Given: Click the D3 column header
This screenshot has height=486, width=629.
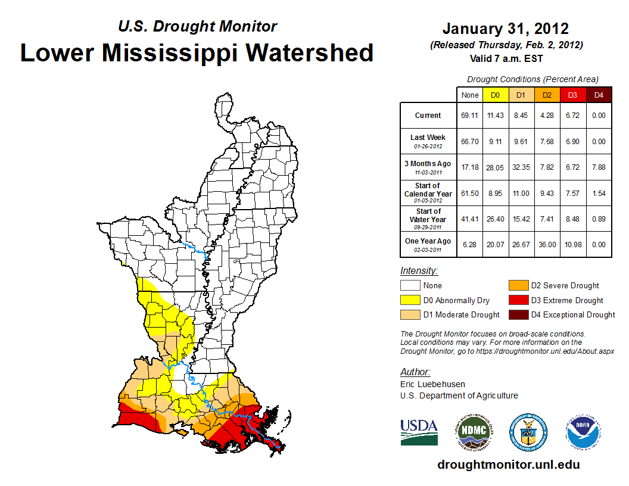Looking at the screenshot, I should point(572,95).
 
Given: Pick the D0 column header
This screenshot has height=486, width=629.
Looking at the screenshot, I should point(495,95).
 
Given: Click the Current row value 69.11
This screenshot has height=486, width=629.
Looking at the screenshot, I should point(470,116).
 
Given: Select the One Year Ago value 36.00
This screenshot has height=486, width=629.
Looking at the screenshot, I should point(547,244).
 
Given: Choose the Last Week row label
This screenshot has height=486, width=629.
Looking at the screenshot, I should point(428,141).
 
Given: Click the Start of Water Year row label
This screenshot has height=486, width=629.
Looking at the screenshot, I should point(428,219).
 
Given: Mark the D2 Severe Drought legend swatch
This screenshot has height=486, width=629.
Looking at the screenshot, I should point(517,285).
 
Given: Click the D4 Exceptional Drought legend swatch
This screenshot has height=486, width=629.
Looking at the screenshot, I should point(517,314).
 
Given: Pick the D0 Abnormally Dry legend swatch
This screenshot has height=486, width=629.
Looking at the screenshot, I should point(409,300).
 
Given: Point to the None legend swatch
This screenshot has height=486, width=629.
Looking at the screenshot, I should point(409,285).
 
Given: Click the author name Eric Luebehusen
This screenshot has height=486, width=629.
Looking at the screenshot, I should point(432,384).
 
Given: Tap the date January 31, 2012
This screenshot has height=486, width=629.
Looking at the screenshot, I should point(505,29).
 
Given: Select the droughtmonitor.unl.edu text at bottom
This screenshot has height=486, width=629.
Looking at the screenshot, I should point(508,465).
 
